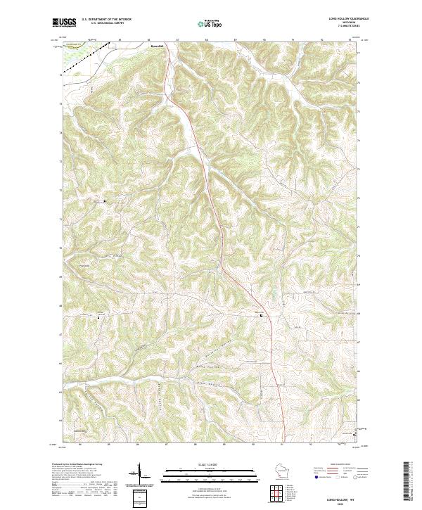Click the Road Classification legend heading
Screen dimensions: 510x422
[x=337, y=465]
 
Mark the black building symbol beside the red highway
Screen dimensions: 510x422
[x=262, y=315]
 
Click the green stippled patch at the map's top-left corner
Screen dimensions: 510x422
[x=71, y=60]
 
